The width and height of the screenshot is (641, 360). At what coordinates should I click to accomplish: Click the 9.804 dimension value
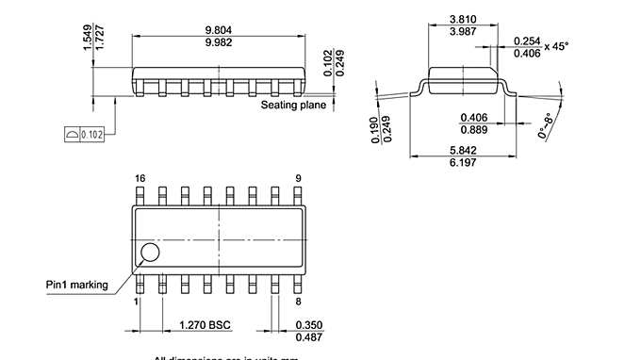pos(220,29)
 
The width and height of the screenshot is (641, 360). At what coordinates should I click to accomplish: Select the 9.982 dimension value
pos(220,42)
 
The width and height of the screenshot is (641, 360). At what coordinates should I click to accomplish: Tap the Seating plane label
pos(293,105)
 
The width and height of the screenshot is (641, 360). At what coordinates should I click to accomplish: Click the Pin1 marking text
pos(77,285)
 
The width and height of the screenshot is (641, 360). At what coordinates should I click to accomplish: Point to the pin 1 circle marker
pos(149,252)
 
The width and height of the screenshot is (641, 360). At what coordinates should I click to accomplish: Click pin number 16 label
pos(140,178)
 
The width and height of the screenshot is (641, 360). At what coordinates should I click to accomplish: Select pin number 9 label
pos(298,178)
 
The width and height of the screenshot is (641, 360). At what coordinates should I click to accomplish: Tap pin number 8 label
pos(298,302)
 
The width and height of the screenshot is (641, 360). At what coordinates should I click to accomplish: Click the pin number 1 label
pos(136,302)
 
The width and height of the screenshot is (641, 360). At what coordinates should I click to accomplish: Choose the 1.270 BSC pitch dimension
pos(205,325)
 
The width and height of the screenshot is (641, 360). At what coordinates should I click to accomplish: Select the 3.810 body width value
pos(463,19)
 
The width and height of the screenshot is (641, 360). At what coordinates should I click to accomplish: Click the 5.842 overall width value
pos(463,151)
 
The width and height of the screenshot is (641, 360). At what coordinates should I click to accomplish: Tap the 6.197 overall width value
pos(463,164)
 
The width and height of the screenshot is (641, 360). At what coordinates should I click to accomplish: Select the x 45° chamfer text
pos(557,47)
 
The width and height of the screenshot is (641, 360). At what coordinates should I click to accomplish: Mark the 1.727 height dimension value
pos(100,39)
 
